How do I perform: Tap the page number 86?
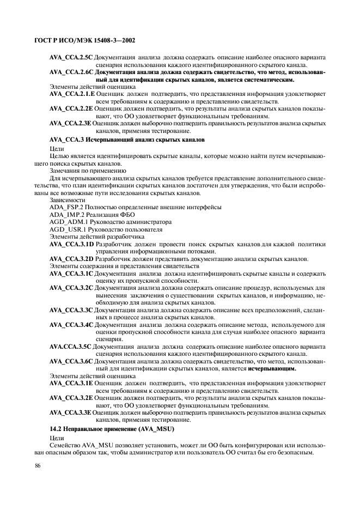click(x=38, y=465)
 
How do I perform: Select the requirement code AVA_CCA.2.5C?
click(x=71, y=57)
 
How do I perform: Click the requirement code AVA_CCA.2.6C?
click(x=71, y=72)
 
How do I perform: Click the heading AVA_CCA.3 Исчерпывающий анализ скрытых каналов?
click(x=126, y=140)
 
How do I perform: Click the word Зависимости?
click(x=67, y=200)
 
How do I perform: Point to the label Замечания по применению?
click(x=84, y=171)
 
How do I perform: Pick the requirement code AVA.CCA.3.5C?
click(x=70, y=347)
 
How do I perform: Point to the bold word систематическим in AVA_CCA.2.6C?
click(x=252, y=79)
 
